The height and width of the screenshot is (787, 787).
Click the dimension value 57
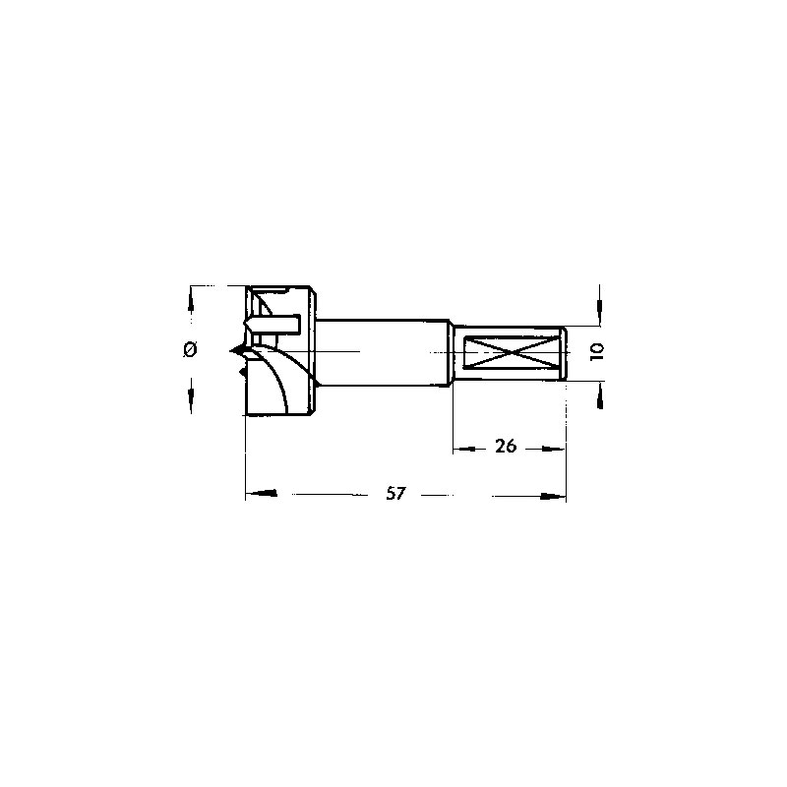(395, 494)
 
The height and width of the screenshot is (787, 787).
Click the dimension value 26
(506, 446)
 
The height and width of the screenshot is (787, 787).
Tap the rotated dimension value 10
(597, 352)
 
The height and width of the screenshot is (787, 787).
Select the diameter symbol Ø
(190, 349)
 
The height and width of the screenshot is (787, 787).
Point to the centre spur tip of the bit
(230, 351)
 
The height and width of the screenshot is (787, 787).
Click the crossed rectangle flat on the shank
(512, 353)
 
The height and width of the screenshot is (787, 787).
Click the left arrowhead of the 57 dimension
(261, 494)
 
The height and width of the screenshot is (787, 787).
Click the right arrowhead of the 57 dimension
(553, 497)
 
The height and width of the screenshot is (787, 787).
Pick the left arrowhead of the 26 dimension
(464, 450)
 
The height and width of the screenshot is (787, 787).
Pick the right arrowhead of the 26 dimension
(553, 450)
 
